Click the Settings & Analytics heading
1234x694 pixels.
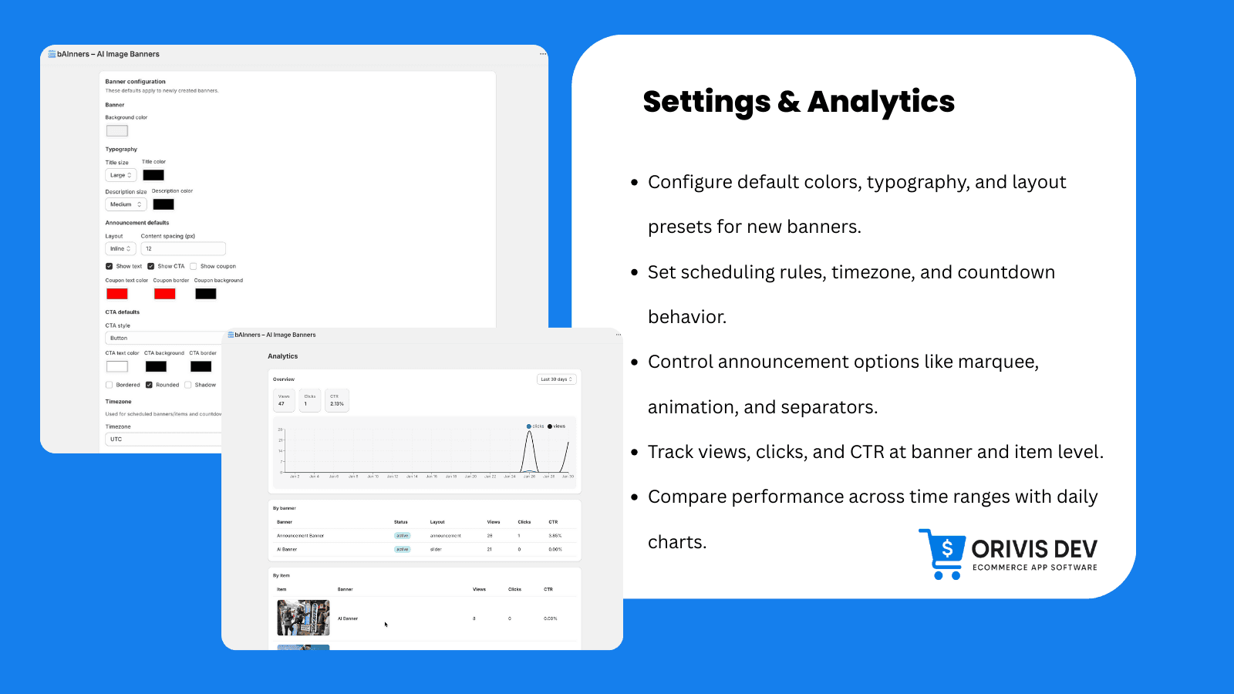tap(798, 102)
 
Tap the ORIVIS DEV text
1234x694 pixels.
tap(1033, 549)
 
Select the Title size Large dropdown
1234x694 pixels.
tap(121, 175)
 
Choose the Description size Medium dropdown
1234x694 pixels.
tap(126, 204)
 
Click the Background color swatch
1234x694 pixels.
tap(117, 131)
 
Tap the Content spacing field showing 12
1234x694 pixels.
tap(183, 248)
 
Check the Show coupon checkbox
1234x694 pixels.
tap(194, 266)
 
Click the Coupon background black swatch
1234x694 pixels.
tap(205, 294)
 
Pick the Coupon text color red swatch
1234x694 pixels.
tap(117, 294)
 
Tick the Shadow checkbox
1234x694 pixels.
tap(188, 385)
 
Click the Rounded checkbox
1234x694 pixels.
tap(149, 385)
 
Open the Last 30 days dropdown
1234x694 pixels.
tap(556, 379)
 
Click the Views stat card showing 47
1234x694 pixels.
tap(284, 400)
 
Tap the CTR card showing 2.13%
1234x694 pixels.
tap(337, 400)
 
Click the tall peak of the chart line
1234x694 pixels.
tap(530, 433)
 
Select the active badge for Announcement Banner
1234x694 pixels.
tap(403, 535)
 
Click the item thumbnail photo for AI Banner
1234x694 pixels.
tap(303, 618)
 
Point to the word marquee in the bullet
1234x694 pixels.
tap(998, 362)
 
